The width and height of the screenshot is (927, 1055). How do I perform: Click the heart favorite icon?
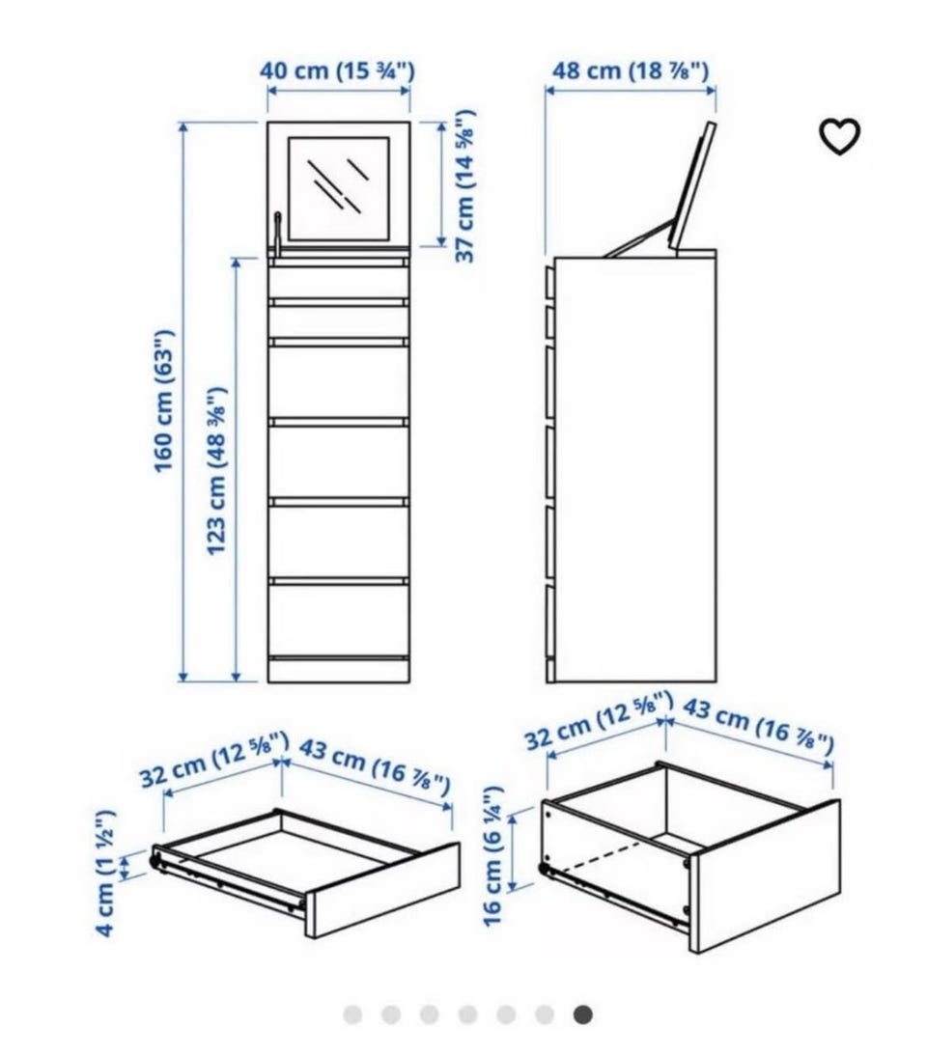coord(839,136)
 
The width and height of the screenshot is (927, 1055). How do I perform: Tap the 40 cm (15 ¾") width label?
coord(337,69)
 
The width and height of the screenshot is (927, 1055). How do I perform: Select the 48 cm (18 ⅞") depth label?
coord(631,69)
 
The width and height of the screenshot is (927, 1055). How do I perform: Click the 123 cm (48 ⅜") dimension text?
coord(215,470)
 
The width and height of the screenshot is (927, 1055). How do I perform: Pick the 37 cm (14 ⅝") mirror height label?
coord(465,185)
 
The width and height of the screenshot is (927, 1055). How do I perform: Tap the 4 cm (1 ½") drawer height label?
coord(105,873)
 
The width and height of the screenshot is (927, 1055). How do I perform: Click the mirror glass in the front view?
coord(339,189)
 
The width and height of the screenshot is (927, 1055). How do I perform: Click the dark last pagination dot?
coord(583,1013)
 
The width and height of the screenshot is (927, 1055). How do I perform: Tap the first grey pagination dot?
coord(352,1013)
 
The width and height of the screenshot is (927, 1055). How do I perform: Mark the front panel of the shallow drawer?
coord(383,890)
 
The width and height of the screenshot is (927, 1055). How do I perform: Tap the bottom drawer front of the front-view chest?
coord(339,621)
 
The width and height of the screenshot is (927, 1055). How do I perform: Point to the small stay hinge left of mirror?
coord(277,232)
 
